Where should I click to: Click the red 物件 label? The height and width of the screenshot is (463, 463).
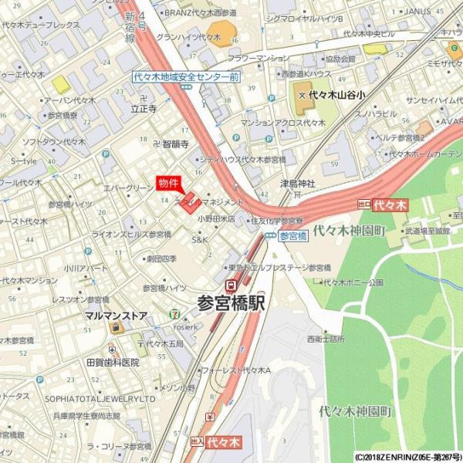pos(168,183)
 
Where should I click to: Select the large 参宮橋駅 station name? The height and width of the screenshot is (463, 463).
pos(231,303)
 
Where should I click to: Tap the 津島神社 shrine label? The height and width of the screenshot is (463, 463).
pos(298,184)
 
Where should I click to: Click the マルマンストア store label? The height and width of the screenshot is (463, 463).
pos(116,315)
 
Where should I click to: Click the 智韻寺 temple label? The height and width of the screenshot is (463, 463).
pos(175,144)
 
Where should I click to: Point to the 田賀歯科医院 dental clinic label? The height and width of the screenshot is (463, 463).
pos(113,362)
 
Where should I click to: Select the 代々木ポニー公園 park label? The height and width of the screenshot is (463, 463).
pos(353,282)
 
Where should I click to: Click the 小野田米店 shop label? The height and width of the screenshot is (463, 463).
pos(216,218)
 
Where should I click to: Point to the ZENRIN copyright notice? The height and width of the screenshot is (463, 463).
pos(408,457)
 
